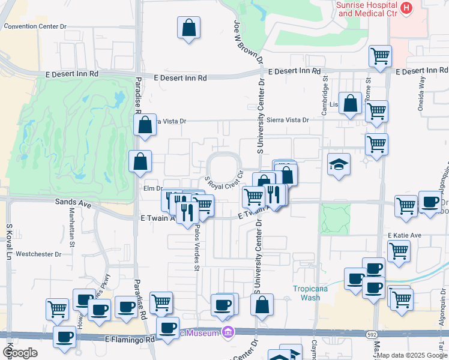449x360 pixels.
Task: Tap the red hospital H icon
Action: (x=406, y=8)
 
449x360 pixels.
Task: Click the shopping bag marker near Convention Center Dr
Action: (x=188, y=28)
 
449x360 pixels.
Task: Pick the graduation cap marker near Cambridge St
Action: (x=339, y=164)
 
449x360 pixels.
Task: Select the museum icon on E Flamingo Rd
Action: (x=228, y=332)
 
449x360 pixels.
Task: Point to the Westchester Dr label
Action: (x=38, y=254)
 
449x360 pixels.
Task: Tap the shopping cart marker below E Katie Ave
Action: (x=399, y=251)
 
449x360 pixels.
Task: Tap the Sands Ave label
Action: (x=73, y=205)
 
